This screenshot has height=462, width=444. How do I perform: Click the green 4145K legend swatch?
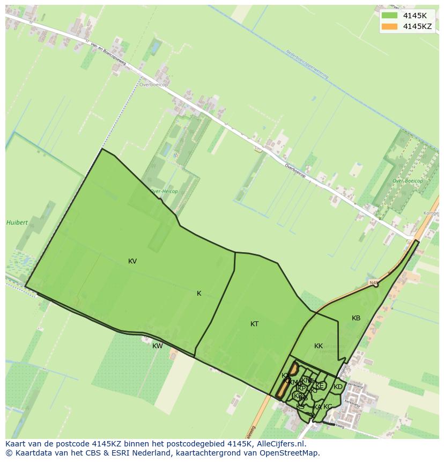[389, 16]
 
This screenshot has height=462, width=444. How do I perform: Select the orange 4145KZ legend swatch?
[389, 26]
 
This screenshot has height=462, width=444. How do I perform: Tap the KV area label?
[132, 261]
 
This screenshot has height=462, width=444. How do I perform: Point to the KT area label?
[255, 324]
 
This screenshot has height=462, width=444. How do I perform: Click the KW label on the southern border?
[157, 346]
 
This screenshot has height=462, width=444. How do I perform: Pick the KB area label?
[356, 318]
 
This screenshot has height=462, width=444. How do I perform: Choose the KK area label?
[319, 346]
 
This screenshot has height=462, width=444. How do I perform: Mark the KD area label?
[338, 387]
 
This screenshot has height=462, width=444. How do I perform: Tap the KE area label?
[320, 386]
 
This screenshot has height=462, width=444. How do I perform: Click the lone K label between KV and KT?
[199, 294]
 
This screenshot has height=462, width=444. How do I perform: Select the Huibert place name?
[17, 223]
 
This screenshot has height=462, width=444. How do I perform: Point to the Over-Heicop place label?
[164, 191]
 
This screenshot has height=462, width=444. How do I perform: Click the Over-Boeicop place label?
[408, 181]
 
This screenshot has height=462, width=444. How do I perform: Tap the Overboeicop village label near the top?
[153, 85]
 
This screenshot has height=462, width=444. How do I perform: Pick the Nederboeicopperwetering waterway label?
[307, 64]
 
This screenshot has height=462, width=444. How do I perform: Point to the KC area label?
[328, 407]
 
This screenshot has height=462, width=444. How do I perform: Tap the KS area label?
[300, 407]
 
